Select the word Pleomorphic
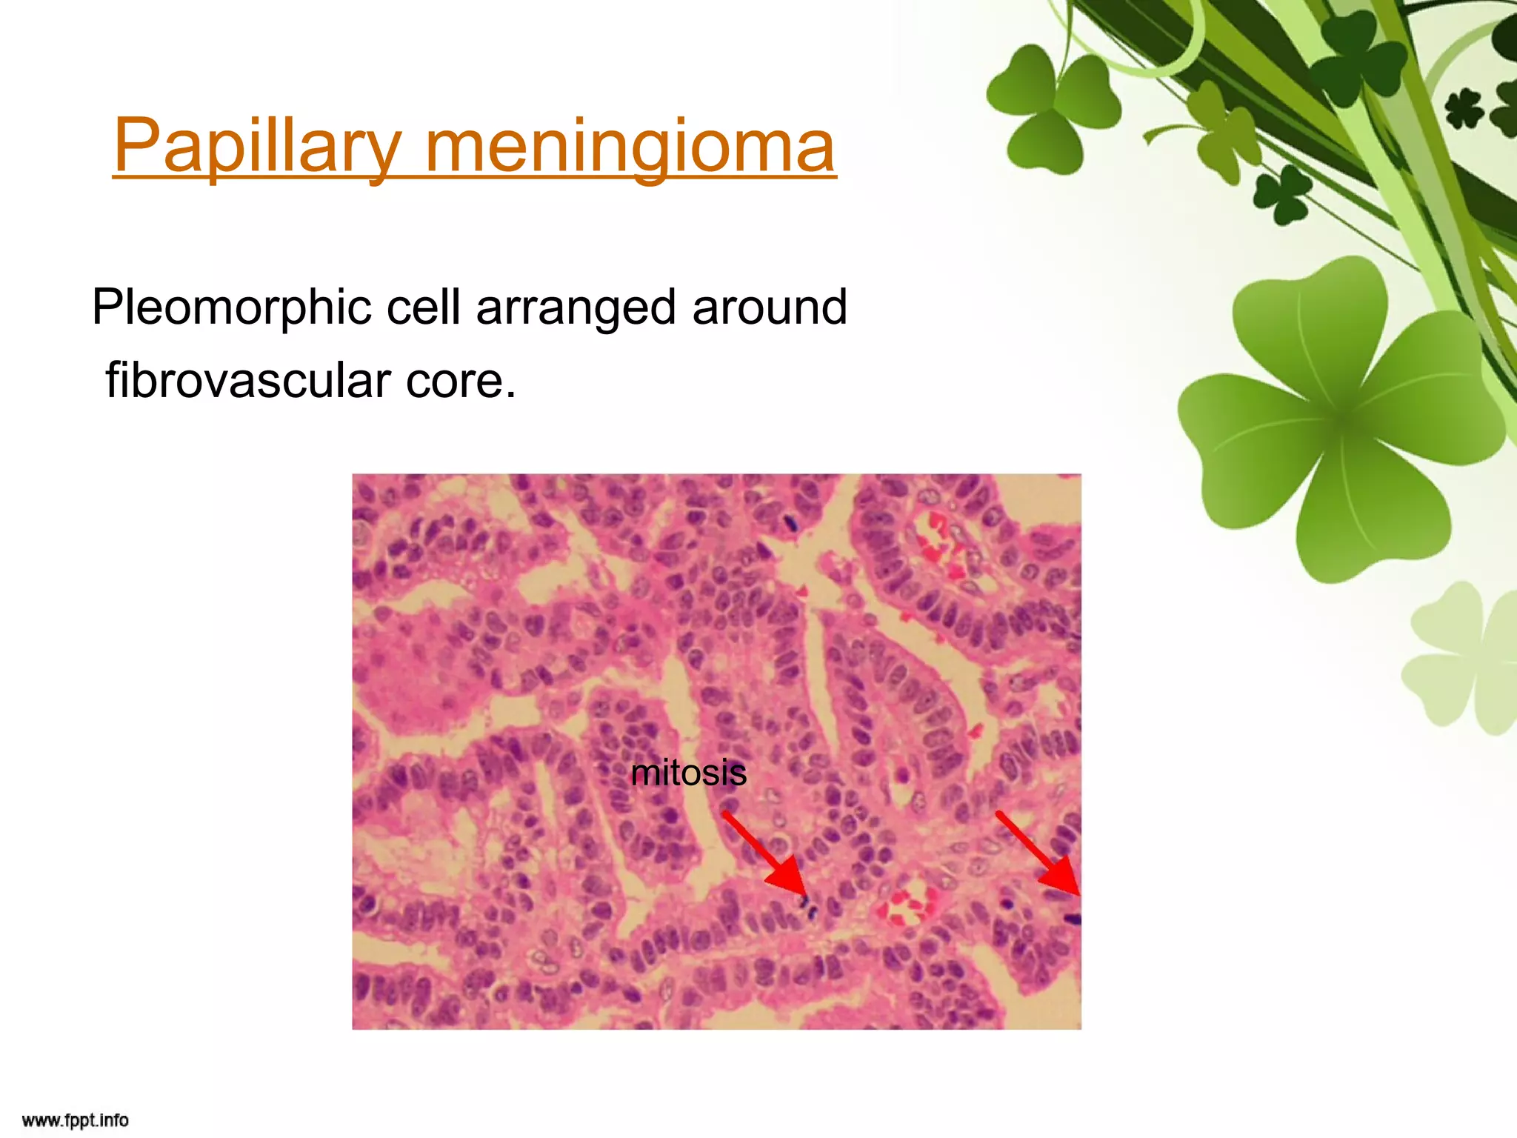click(x=231, y=307)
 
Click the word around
click(x=769, y=307)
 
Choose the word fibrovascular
click(x=248, y=380)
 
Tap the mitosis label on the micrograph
click(x=688, y=773)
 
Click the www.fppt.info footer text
click(x=75, y=1119)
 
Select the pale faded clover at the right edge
click(x=1463, y=659)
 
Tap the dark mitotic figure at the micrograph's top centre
click(x=790, y=523)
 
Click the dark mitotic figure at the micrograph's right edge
click(x=1072, y=919)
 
